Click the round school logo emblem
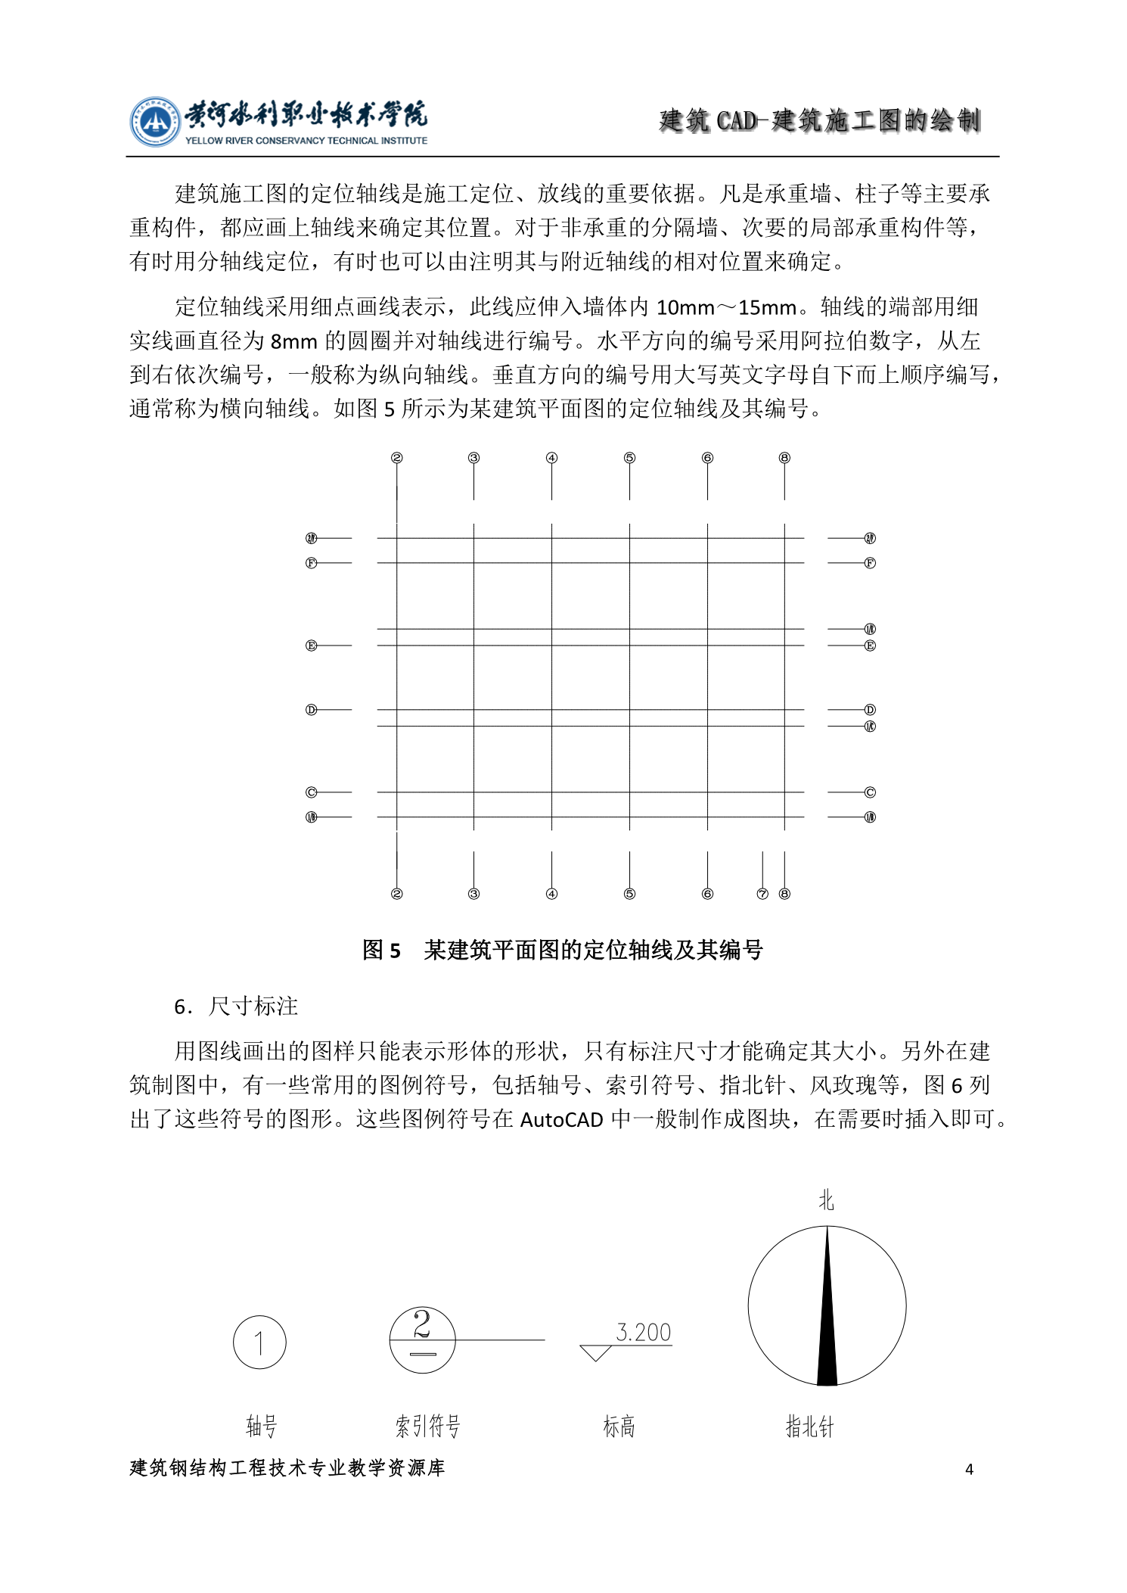click(154, 122)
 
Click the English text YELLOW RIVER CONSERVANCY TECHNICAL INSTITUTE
click(306, 141)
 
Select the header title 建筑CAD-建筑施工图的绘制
click(819, 120)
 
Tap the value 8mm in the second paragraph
click(293, 341)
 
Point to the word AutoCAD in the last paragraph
click(561, 1120)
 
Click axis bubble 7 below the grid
click(762, 894)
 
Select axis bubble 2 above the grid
click(397, 458)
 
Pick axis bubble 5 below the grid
click(629, 894)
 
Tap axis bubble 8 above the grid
click(784, 458)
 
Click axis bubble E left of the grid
click(311, 646)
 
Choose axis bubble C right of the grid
click(870, 792)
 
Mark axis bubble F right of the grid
click(870, 563)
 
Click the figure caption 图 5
click(381, 950)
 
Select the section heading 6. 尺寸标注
click(236, 1007)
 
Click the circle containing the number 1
click(259, 1343)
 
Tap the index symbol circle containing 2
click(422, 1339)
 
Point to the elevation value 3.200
click(644, 1332)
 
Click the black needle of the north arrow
click(827, 1317)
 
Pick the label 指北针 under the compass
click(809, 1427)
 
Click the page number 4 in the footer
click(969, 1470)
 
